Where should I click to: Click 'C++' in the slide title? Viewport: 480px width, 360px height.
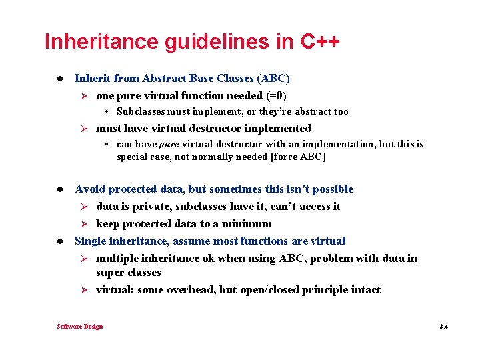[x=320, y=41]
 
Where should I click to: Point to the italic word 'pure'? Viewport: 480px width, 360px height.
[x=168, y=145]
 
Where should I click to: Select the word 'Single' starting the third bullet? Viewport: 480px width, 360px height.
[x=91, y=241]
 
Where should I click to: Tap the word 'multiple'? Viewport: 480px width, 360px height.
[x=117, y=258]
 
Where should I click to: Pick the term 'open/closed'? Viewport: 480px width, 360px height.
[x=283, y=290]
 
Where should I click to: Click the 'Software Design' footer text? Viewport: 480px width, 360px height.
[x=80, y=326]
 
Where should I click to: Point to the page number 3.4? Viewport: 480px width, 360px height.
[x=443, y=326]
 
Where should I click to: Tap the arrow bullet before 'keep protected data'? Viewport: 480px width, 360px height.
[x=85, y=224]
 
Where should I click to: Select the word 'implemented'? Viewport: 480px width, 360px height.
[x=278, y=128]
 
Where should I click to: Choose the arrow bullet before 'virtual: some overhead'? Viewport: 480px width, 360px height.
[x=85, y=290]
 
